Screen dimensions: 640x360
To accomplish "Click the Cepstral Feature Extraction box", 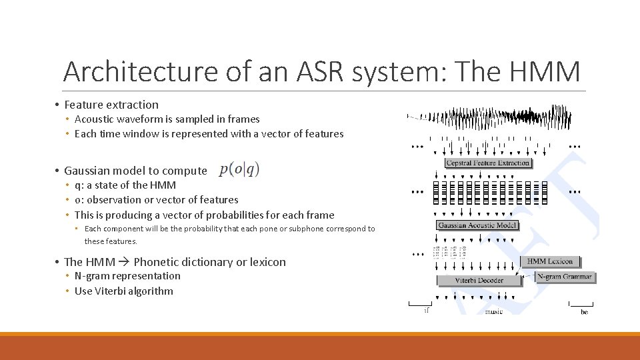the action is (x=488, y=163).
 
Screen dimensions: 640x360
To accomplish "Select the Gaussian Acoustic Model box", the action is (x=477, y=225).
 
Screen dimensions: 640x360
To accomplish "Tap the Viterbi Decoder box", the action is (x=479, y=281).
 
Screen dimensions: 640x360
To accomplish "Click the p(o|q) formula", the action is (x=239, y=169).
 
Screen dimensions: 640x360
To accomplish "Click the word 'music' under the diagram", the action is (x=494, y=311).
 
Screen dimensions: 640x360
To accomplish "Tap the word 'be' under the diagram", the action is (x=584, y=311).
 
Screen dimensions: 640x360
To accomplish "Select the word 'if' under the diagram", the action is (x=426, y=311).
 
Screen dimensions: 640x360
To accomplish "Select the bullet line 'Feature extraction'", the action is (x=111, y=105).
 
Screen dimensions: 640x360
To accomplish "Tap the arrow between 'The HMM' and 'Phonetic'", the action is (x=124, y=262).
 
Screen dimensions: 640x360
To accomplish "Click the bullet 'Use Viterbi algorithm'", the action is (x=123, y=291).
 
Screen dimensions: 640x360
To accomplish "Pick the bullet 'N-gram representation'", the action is (x=127, y=276).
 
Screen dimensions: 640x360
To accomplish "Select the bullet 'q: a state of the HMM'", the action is (x=125, y=185).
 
